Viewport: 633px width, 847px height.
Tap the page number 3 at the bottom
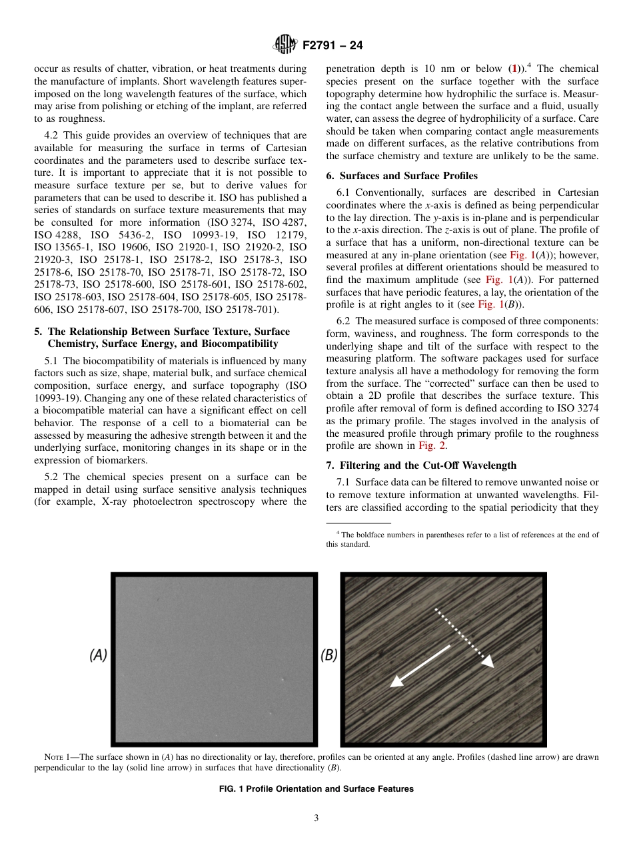coord(316,818)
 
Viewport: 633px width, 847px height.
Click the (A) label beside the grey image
coord(98,655)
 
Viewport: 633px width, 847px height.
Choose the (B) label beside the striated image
coord(329,655)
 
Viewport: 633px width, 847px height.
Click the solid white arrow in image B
coord(420,665)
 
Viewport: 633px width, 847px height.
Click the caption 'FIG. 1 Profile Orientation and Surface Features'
coord(316,788)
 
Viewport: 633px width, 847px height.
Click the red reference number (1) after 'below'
coord(512,69)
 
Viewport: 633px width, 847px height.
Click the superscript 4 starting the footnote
coord(338,533)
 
